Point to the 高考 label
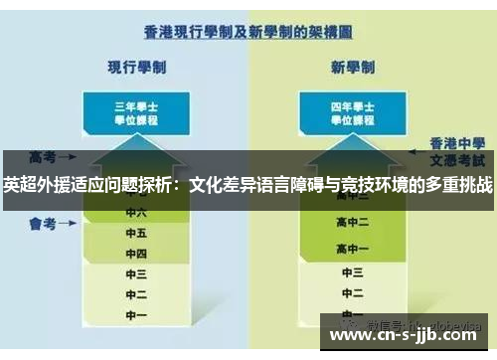(42, 157)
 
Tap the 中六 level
(136, 212)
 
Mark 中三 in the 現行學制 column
(136, 272)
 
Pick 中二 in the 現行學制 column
(136, 293)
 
